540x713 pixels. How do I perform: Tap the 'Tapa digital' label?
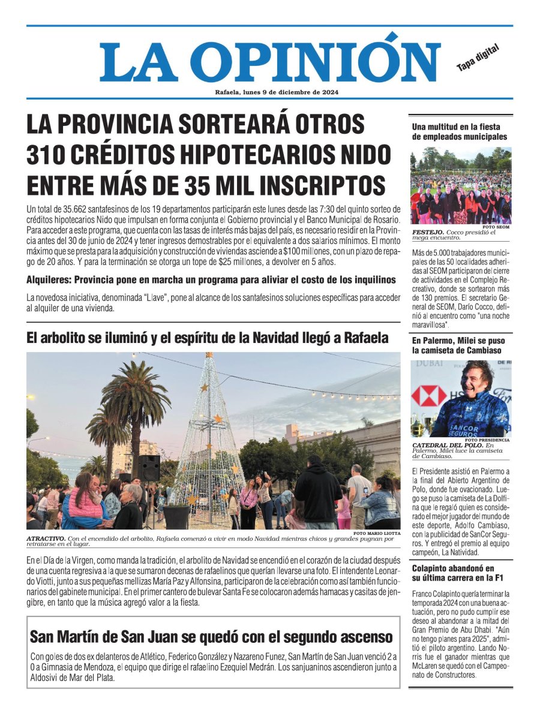(x=478, y=58)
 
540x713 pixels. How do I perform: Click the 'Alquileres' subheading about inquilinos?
(x=211, y=280)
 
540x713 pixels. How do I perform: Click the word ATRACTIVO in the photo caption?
(x=46, y=538)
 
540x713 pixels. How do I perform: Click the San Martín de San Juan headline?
(x=212, y=636)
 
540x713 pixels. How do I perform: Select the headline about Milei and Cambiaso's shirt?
(x=458, y=345)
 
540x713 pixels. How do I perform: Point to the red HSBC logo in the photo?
(x=428, y=396)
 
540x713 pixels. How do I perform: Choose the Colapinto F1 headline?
(x=452, y=573)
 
